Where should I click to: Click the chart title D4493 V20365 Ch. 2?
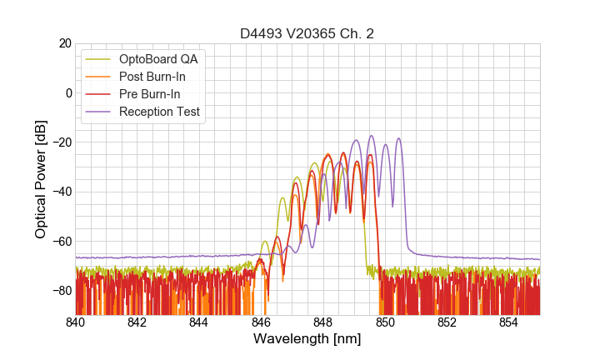pyautogui.click(x=307, y=33)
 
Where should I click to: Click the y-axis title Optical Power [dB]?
pyautogui.click(x=41, y=179)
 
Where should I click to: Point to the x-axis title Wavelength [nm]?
pyautogui.click(x=307, y=339)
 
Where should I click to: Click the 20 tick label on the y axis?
pyautogui.click(x=64, y=43)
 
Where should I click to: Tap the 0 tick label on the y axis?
pyautogui.click(x=67, y=92)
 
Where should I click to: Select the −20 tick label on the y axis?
pyautogui.click(x=60, y=142)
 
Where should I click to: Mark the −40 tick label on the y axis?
pyautogui.click(x=60, y=192)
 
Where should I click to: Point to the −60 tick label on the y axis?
pyautogui.click(x=60, y=242)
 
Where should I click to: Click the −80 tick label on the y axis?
pyautogui.click(x=60, y=291)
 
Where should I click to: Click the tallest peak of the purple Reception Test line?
pyautogui.click(x=372, y=136)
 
